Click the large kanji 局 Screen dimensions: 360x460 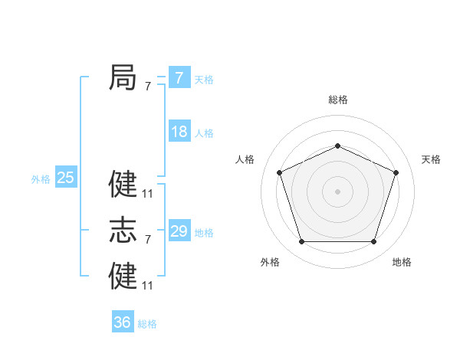click(123, 78)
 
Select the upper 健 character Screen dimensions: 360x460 click(123, 184)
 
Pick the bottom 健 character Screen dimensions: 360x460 click(123, 276)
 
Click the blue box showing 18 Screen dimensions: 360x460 click(179, 132)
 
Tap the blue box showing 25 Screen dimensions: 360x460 click(66, 178)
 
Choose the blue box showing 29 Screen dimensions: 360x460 click(179, 231)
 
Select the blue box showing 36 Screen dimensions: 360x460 click(123, 322)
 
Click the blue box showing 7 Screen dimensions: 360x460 click(179, 77)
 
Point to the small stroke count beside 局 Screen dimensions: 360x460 click(148, 87)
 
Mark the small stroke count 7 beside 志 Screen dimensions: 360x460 click(148, 240)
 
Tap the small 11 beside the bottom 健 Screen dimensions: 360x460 click(148, 286)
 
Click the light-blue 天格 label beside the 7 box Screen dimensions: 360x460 click(204, 80)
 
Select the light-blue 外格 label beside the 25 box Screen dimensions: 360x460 click(41, 179)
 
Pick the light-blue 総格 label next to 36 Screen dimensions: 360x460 click(147, 324)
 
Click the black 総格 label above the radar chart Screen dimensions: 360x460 click(337, 100)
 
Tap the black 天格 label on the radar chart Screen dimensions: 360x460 click(431, 159)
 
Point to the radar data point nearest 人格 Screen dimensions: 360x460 click(279, 172)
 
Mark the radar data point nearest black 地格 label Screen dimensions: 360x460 click(373, 241)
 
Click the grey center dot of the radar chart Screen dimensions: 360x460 click(337, 191)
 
